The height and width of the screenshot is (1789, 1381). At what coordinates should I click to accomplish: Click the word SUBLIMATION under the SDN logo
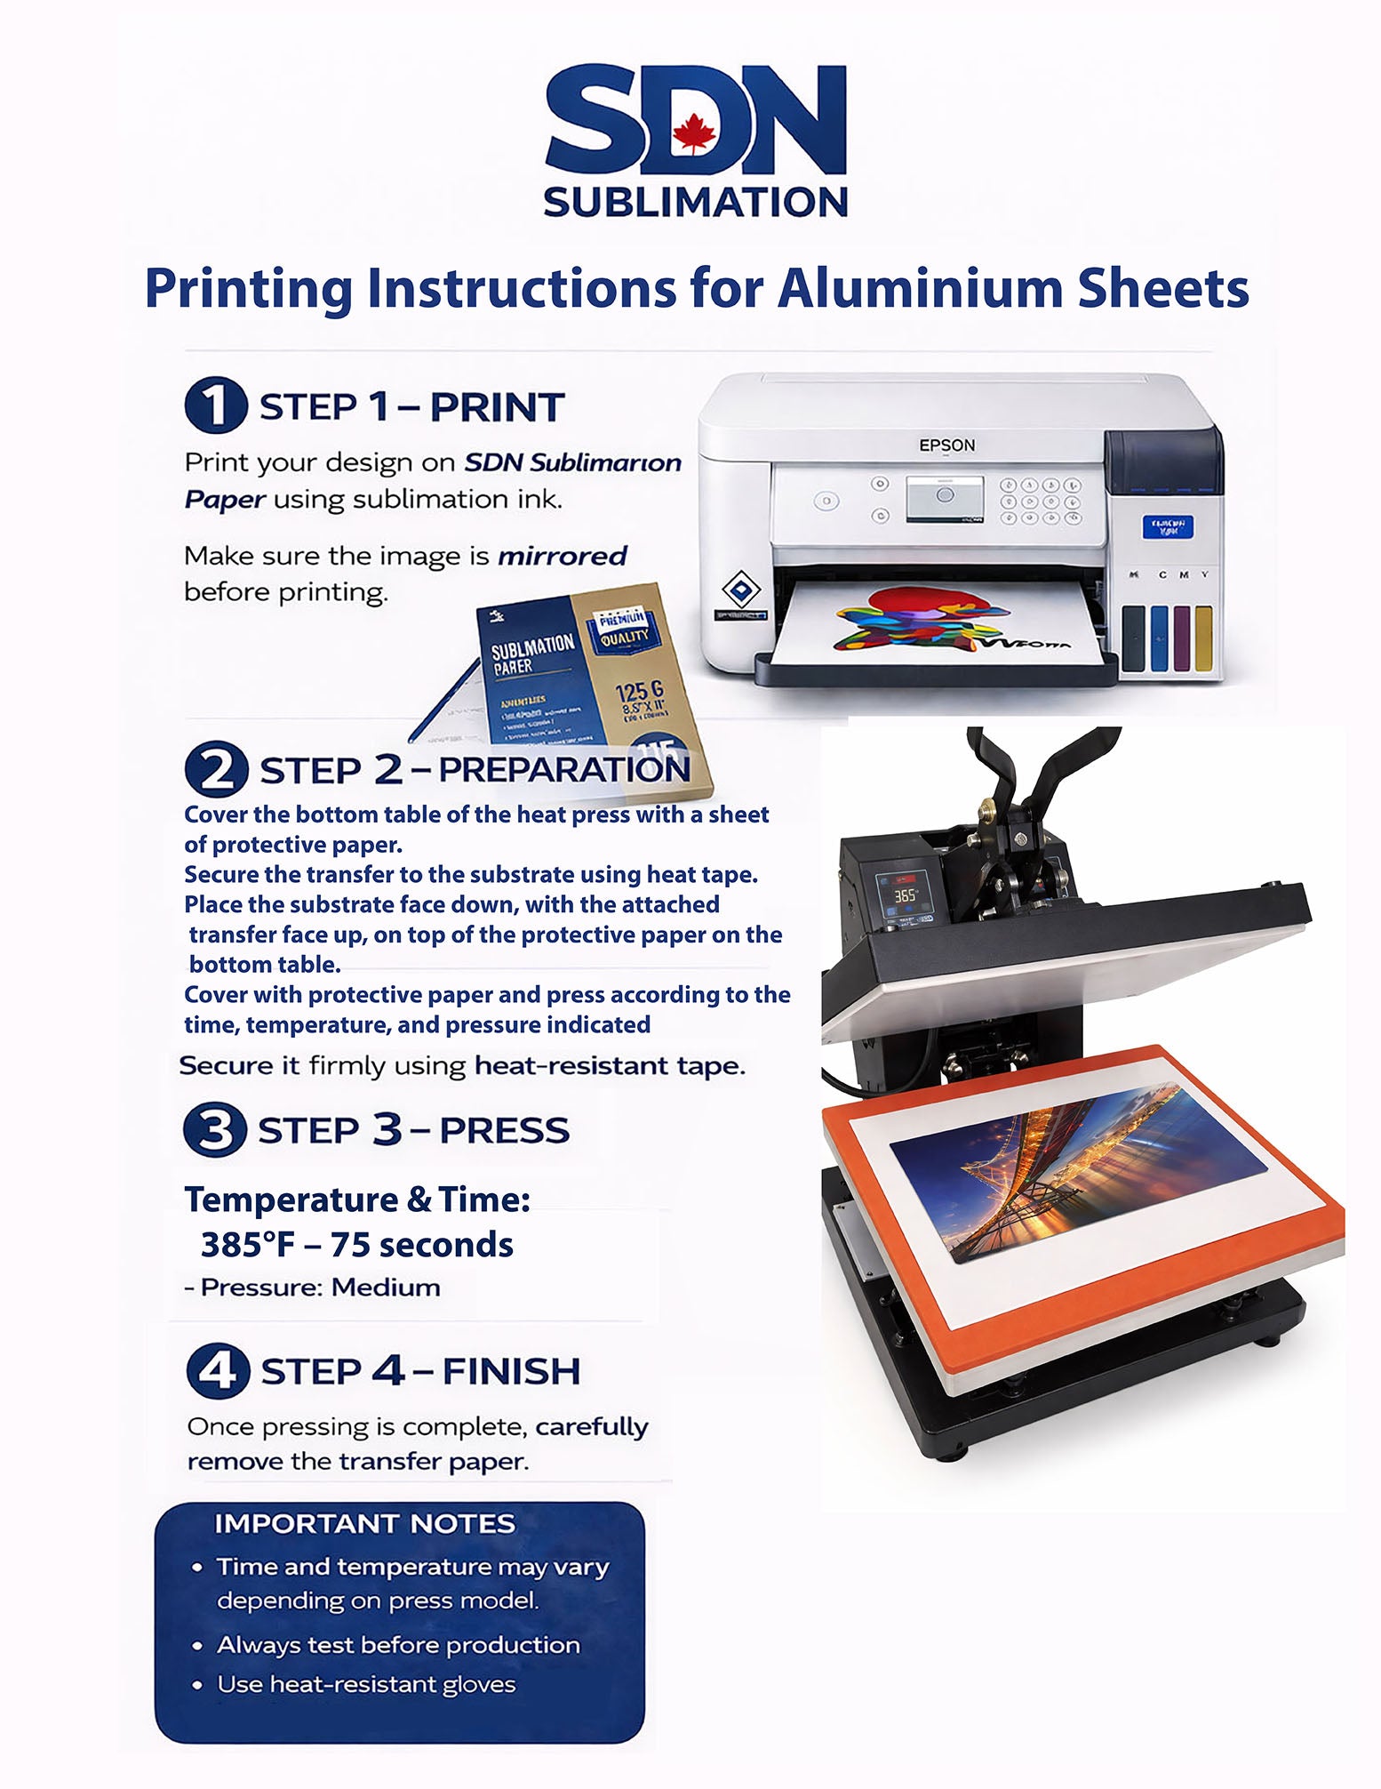[x=695, y=202]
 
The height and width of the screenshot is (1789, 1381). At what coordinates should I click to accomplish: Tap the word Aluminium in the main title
[x=920, y=288]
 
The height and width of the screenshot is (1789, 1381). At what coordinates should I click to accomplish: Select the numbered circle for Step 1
[x=215, y=405]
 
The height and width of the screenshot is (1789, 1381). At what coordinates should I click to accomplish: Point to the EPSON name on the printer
[x=946, y=445]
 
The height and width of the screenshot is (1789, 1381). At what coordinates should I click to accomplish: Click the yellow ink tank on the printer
[x=1203, y=638]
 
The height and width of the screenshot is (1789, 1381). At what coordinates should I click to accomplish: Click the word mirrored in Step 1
[x=562, y=557]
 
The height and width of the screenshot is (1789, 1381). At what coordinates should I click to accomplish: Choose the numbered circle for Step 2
[x=215, y=769]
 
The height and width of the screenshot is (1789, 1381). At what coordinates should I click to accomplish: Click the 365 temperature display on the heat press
[x=905, y=895]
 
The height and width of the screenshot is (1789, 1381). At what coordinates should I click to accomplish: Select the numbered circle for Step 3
[x=215, y=1130]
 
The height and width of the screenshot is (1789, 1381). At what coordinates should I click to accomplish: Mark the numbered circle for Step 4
[x=217, y=1370]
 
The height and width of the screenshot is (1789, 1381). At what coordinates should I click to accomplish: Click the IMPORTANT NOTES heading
[x=364, y=1524]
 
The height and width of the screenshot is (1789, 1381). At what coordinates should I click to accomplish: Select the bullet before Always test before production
[x=197, y=1647]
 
